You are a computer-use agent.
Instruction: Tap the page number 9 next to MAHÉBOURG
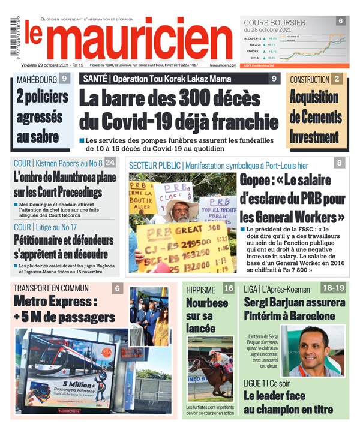tap(65, 78)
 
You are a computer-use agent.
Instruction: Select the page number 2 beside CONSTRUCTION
tap(337, 79)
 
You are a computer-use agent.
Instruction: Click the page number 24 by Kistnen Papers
tap(110, 163)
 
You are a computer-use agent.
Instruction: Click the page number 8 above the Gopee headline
tap(340, 163)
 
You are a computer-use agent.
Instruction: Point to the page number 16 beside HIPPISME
tap(229, 288)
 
